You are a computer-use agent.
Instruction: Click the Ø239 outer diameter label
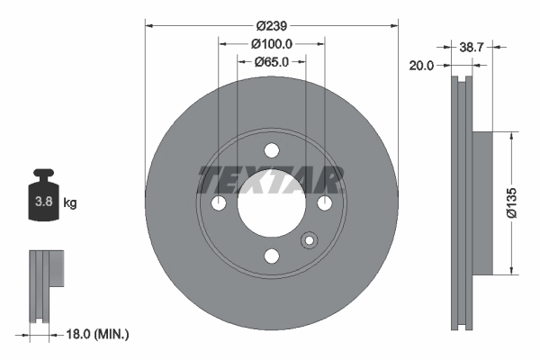click(271, 25)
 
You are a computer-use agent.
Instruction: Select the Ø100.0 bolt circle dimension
click(271, 44)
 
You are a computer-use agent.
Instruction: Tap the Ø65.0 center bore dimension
click(271, 62)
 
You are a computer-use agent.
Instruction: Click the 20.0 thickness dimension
click(422, 65)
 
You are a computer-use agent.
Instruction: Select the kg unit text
click(69, 203)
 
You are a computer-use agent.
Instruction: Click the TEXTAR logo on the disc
click(271, 180)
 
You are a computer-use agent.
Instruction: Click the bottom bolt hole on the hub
click(271, 256)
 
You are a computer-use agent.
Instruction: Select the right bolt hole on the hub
click(323, 205)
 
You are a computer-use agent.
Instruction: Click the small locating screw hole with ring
click(310, 240)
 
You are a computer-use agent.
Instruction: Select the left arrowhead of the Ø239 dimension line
click(149, 25)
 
